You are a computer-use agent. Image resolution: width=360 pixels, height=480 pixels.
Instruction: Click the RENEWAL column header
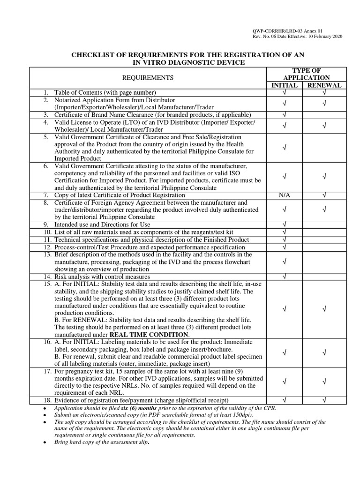pyautogui.click(x=324, y=85)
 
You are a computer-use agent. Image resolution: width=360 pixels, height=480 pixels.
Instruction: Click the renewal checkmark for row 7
pyautogui.click(x=324, y=195)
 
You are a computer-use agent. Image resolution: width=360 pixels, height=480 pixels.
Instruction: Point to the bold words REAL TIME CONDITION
pyautogui.click(x=149, y=335)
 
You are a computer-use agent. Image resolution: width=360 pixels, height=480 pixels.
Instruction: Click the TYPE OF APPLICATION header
pyautogui.click(x=304, y=74)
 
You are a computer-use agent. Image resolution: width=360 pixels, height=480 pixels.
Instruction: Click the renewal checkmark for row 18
pyautogui.click(x=324, y=400)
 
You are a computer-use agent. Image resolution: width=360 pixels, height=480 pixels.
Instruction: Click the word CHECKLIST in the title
pyautogui.click(x=92, y=55)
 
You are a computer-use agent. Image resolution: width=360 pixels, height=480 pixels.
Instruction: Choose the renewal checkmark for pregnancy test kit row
pyautogui.click(x=324, y=382)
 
